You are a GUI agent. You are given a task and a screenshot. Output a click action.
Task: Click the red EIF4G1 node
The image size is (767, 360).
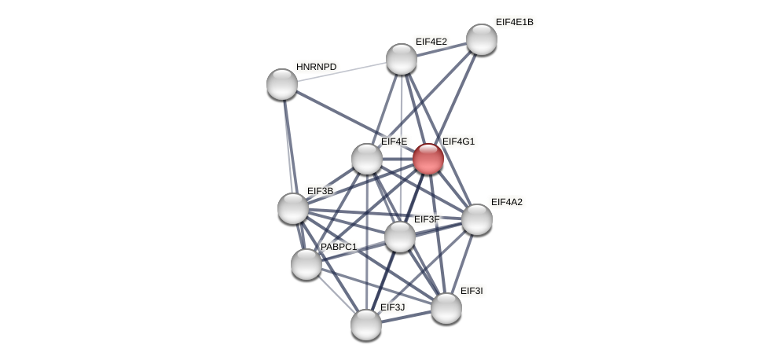[428, 159]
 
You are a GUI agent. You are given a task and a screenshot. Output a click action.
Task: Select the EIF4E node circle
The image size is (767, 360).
[367, 159]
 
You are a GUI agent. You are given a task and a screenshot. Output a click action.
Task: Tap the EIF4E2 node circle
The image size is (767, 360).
[402, 59]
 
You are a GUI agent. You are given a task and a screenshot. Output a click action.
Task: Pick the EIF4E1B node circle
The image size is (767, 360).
[482, 39]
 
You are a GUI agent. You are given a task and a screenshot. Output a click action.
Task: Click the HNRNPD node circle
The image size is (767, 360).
[282, 84]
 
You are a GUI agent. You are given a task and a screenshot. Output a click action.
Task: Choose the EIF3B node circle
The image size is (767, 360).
[293, 208]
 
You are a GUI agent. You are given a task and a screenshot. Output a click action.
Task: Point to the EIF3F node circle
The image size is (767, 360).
[400, 237]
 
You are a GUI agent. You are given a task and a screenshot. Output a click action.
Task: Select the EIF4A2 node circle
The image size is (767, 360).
[477, 219]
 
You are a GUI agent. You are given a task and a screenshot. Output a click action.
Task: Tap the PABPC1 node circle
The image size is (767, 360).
[306, 264]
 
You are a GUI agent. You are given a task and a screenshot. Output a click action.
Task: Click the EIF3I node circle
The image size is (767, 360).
[446, 308]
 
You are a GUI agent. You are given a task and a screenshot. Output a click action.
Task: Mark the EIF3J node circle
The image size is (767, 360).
[366, 325]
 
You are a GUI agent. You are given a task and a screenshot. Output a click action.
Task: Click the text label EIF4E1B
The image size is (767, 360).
[514, 22]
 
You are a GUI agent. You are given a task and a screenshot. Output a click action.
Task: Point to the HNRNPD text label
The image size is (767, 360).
[316, 67]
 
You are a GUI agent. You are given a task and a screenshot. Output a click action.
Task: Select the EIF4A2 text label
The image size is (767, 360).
[506, 202]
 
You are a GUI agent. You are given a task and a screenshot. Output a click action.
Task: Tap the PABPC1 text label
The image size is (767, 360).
[339, 247]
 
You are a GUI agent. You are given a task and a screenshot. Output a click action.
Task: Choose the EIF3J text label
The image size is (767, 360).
[392, 307]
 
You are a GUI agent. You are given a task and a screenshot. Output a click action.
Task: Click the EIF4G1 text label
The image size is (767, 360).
[458, 141]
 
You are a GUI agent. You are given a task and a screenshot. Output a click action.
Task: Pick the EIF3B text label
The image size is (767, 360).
[320, 191]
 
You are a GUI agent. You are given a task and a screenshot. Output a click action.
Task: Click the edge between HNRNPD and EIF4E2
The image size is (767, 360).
[342, 72]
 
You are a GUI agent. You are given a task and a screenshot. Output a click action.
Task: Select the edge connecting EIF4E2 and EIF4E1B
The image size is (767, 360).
[442, 49]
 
